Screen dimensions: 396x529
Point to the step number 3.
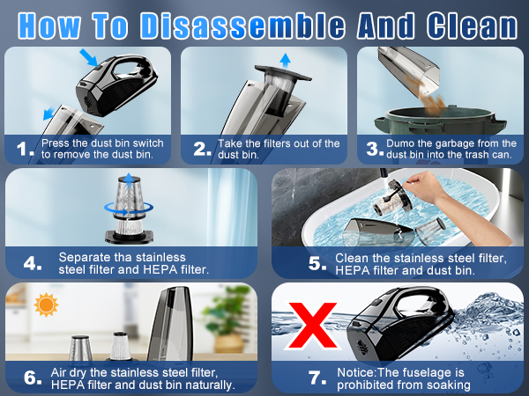point(373,150)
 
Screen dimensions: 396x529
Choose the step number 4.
point(32,263)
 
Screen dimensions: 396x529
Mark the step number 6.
point(32,377)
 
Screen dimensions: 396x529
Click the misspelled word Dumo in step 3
point(411,143)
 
